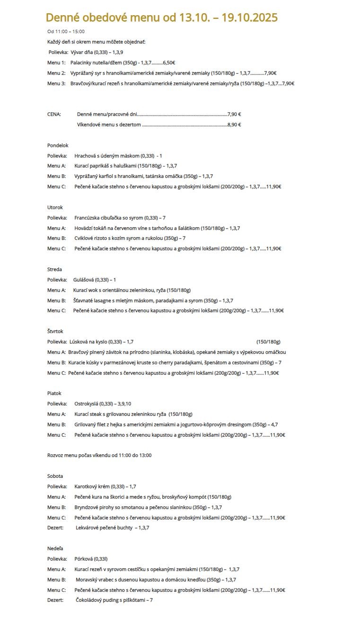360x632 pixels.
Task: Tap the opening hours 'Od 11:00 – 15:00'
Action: pos(66,32)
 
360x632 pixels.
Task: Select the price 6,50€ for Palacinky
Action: pos(169,62)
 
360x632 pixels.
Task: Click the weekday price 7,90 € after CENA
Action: pos(234,114)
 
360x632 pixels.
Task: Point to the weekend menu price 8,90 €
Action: pos(234,124)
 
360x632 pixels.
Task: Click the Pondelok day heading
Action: pos(58,145)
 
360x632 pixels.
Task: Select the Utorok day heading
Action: pos(55,207)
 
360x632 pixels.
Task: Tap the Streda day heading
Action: pos(54,269)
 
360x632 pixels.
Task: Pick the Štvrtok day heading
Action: pos(55,331)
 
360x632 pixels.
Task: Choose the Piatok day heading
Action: pos(54,393)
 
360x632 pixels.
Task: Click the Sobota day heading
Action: pos(55,476)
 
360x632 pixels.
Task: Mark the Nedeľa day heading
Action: pos(55,548)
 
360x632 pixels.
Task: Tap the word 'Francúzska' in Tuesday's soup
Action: pos(87,218)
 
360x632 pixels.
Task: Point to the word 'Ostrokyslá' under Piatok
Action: pos(86,404)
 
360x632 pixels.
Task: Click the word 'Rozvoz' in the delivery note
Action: pos(55,455)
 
